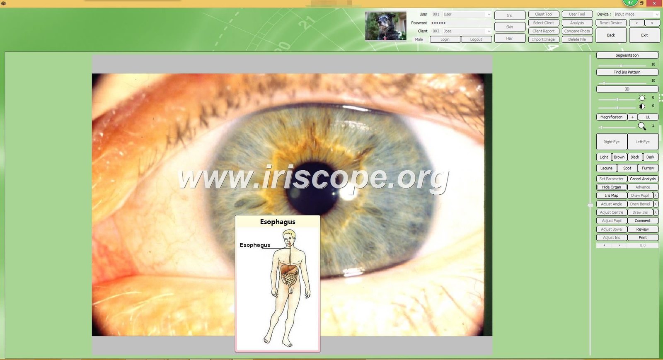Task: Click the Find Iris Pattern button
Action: pos(627,72)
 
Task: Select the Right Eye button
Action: pos(612,142)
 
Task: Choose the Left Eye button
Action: pos(642,142)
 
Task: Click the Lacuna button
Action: pos(606,168)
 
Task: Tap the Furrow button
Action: pos(648,168)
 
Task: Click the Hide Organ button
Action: pos(612,187)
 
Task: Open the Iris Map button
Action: pos(612,196)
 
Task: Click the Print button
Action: pos(642,237)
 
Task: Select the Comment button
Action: pos(642,221)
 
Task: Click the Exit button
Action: pos(644,35)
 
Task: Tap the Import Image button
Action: pos(543,39)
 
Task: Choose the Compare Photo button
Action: pos(577,31)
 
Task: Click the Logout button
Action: pos(476,39)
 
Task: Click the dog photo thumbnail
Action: pos(386,26)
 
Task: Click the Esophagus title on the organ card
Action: pos(278,222)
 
